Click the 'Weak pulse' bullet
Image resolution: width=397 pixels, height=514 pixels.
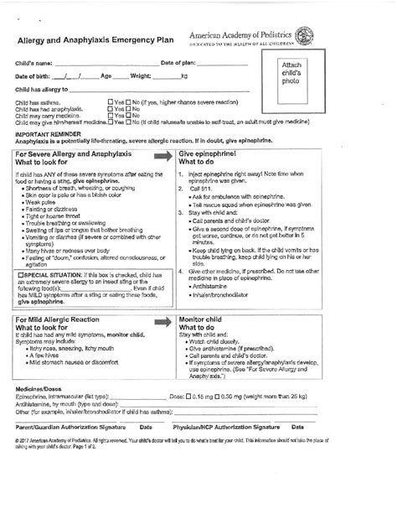tap(42, 202)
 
